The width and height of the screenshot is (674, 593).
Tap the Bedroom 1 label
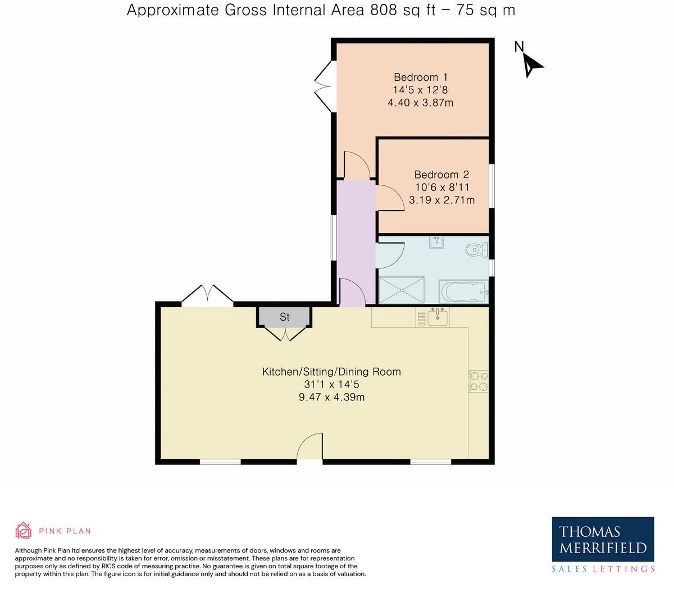[x=420, y=77]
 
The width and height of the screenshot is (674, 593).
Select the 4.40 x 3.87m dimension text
[x=420, y=103]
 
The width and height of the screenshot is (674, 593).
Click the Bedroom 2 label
[x=441, y=175]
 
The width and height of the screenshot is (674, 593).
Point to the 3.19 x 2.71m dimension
[x=441, y=200]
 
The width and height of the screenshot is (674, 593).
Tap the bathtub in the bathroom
[x=463, y=291]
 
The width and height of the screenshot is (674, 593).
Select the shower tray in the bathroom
[x=402, y=290]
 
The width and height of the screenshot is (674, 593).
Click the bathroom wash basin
[x=437, y=243]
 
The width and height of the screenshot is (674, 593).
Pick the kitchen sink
[x=437, y=317]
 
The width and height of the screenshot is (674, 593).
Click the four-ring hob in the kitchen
[x=479, y=381]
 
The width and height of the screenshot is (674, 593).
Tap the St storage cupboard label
[x=285, y=317]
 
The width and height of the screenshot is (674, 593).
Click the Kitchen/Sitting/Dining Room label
[x=331, y=372]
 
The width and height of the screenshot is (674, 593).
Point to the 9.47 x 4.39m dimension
[x=331, y=398]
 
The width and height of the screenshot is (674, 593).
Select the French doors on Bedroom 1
[x=325, y=86]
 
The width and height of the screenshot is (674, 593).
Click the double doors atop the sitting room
[x=207, y=295]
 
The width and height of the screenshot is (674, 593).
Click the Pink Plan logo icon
[x=23, y=530]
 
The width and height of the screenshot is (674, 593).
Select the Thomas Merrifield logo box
[x=603, y=539]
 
